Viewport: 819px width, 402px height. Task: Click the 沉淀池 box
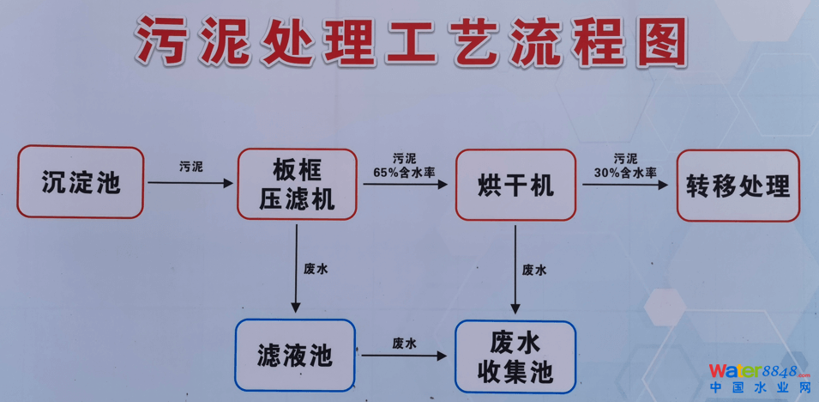click(81, 182)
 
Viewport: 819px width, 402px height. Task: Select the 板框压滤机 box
click(297, 183)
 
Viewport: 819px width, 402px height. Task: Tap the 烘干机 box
click(515, 184)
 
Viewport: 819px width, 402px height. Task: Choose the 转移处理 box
click(738, 186)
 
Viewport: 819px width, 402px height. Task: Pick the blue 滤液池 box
click(294, 354)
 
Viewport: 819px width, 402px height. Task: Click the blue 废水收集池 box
click(515, 357)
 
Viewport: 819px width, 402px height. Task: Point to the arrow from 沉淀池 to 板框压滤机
click(190, 183)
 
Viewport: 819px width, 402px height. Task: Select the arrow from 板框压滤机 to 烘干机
click(406, 183)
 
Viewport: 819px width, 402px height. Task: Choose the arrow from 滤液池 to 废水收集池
click(405, 356)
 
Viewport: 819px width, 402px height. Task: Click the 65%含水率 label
click(404, 172)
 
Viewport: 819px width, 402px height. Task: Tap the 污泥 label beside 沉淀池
click(191, 166)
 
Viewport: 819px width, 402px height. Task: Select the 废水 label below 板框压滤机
click(316, 269)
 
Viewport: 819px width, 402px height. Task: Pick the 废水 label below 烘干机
click(534, 270)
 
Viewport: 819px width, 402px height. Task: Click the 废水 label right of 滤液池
click(405, 343)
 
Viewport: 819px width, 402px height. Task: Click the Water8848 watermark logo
click(759, 372)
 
